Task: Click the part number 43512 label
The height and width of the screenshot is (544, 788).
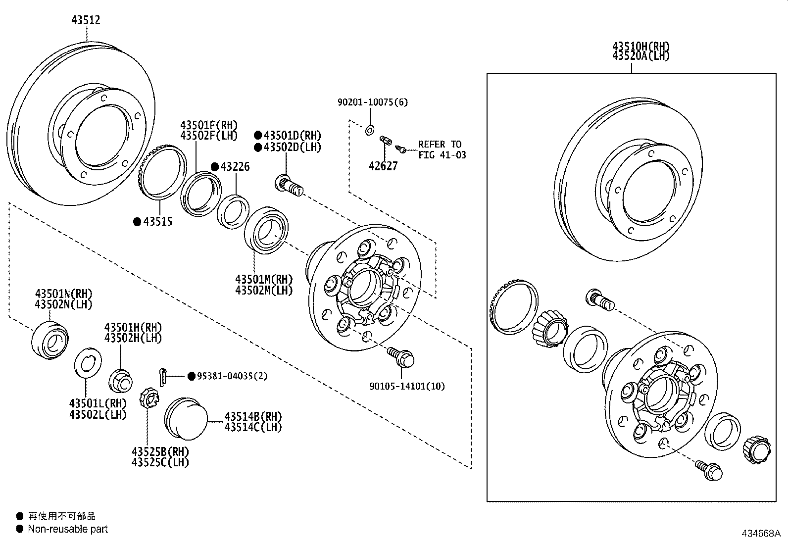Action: point(86,20)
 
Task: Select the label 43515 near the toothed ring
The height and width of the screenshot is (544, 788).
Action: point(157,222)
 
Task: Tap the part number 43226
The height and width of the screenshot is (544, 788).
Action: point(235,167)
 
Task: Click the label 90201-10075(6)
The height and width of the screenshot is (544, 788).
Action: point(373,102)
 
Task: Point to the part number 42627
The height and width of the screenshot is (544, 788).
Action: point(383,166)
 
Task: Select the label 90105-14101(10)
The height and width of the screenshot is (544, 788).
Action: point(407,386)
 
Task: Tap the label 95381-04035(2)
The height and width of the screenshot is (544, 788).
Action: point(232,376)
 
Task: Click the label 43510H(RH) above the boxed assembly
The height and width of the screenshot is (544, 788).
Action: point(640,47)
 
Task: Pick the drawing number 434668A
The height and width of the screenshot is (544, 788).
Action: point(760,534)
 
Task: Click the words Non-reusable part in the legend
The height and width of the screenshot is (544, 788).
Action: point(68,529)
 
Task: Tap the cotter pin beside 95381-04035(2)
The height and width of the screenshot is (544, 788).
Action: point(164,376)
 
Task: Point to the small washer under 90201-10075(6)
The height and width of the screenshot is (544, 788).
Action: point(369,131)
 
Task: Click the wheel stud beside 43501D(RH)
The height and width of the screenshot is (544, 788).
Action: point(290,186)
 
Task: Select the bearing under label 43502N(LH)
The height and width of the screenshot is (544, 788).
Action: point(49,340)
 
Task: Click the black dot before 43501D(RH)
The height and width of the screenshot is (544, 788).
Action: point(258,135)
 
